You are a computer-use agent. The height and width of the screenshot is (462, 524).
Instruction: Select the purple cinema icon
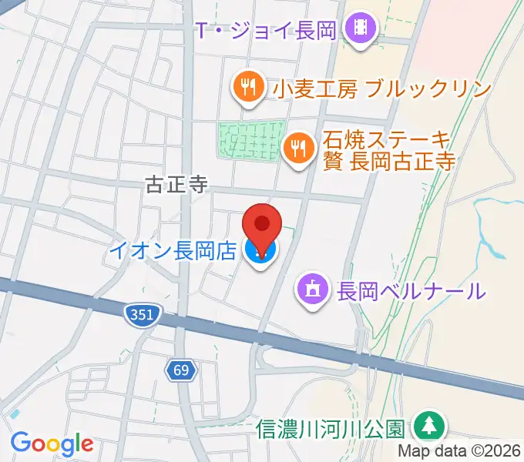pos(361,31)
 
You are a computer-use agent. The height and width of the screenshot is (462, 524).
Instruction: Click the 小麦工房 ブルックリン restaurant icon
pos(247,88)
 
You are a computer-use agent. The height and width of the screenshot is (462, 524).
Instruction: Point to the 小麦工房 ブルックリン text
pos(381,89)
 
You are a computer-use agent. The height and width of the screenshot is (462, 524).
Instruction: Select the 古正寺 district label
pos(176,184)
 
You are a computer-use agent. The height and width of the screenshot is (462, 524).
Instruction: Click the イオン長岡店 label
pos(172,251)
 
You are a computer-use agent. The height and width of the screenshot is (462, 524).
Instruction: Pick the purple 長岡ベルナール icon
pos(313,290)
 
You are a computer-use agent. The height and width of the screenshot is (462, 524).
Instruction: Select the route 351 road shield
pos(143,313)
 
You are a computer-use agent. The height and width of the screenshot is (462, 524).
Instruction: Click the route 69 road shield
pos(181,371)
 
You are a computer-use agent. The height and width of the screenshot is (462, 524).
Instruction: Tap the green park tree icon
pos(426,426)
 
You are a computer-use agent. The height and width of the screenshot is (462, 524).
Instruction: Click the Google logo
pos(52,443)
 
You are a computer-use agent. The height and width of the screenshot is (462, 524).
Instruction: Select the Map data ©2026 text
pos(459,452)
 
